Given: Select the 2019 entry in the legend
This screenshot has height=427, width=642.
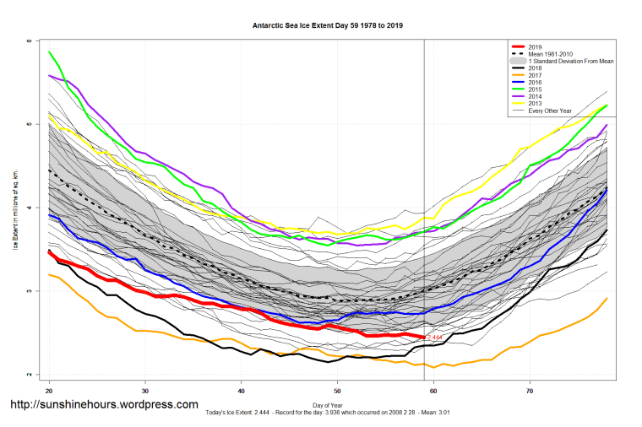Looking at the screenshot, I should point(534,47).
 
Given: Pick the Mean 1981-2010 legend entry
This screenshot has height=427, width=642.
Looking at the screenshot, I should point(547,55).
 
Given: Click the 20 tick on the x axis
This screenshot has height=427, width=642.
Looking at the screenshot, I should point(50,392).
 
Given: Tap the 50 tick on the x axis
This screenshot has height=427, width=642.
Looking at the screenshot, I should point(338,392).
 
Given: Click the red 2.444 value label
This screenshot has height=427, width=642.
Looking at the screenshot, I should point(434,338).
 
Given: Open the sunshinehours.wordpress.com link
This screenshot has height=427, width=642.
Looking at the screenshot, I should point(104,405).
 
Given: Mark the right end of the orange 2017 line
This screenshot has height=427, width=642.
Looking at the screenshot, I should point(607,298).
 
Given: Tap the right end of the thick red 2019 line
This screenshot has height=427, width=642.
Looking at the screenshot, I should point(423,337).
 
